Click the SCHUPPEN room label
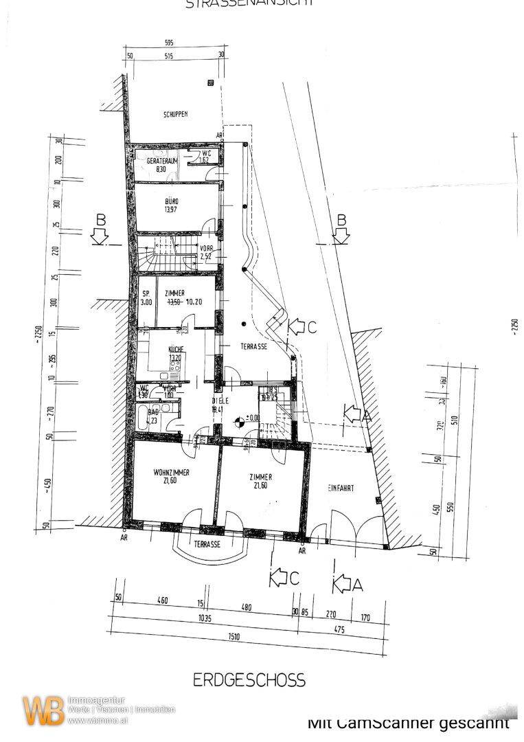[x=175, y=115]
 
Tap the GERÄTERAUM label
[x=162, y=160]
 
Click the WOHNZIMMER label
[x=172, y=473]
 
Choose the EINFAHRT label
[x=341, y=488]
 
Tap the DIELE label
[x=220, y=401]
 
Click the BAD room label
[x=151, y=412]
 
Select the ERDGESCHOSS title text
[x=249, y=680]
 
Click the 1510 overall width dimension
[x=234, y=636]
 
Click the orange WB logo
[x=43, y=710]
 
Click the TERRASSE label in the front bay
[x=207, y=543]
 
